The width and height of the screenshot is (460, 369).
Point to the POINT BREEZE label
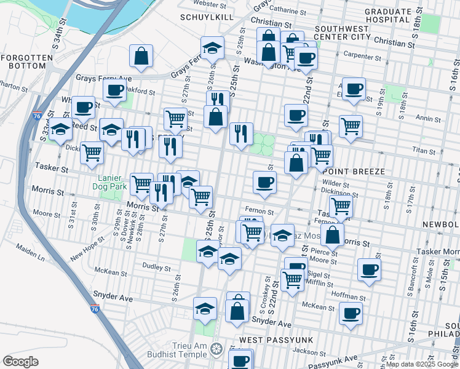pos(353,172)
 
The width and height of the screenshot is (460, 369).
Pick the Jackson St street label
pos(309,352)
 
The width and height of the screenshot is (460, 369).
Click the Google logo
pos(20,361)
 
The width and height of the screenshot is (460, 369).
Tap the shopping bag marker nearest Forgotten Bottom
pos(141,56)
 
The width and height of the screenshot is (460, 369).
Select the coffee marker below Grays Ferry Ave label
pos(114,91)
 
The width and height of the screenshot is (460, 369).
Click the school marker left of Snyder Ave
pos(205,309)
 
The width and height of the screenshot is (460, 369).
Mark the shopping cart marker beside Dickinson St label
pos(340,207)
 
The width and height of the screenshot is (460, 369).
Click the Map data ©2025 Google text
pos(421,364)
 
